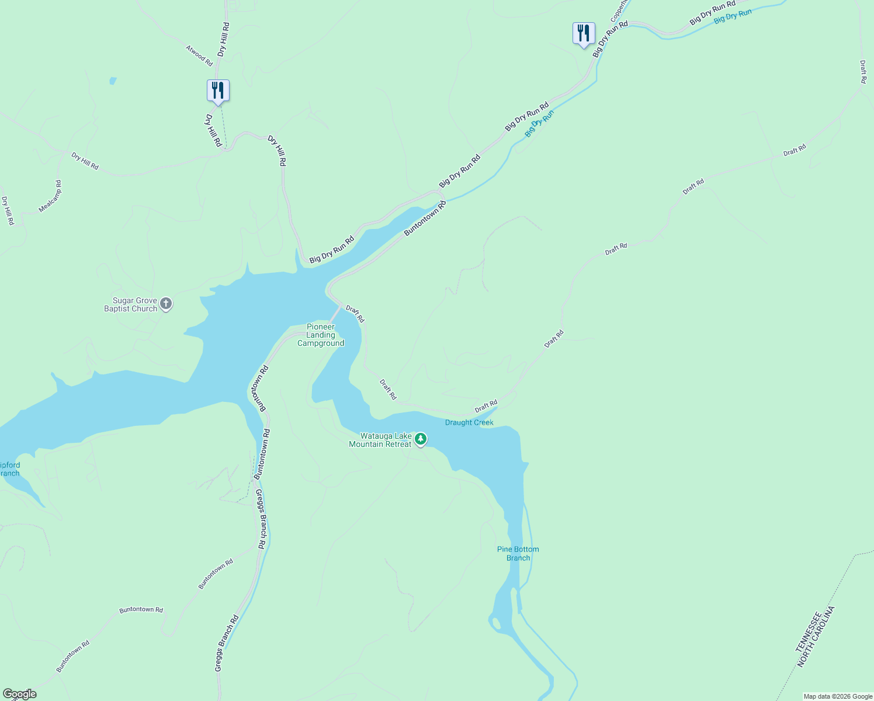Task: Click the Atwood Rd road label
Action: point(199,54)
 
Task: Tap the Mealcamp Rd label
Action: point(50,196)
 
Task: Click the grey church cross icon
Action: point(166,304)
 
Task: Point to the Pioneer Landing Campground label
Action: point(321,335)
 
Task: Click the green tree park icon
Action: point(420,439)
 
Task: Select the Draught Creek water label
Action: point(469,422)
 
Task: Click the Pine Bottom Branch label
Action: point(518,553)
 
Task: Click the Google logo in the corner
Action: point(19,694)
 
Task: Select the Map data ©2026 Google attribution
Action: point(838,696)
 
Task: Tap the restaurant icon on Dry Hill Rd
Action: point(218,91)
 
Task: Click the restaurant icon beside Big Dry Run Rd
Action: point(584,33)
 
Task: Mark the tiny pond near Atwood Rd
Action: point(113,81)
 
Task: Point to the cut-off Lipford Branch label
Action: point(10,469)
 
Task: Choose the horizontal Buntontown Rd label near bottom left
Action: point(141,609)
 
